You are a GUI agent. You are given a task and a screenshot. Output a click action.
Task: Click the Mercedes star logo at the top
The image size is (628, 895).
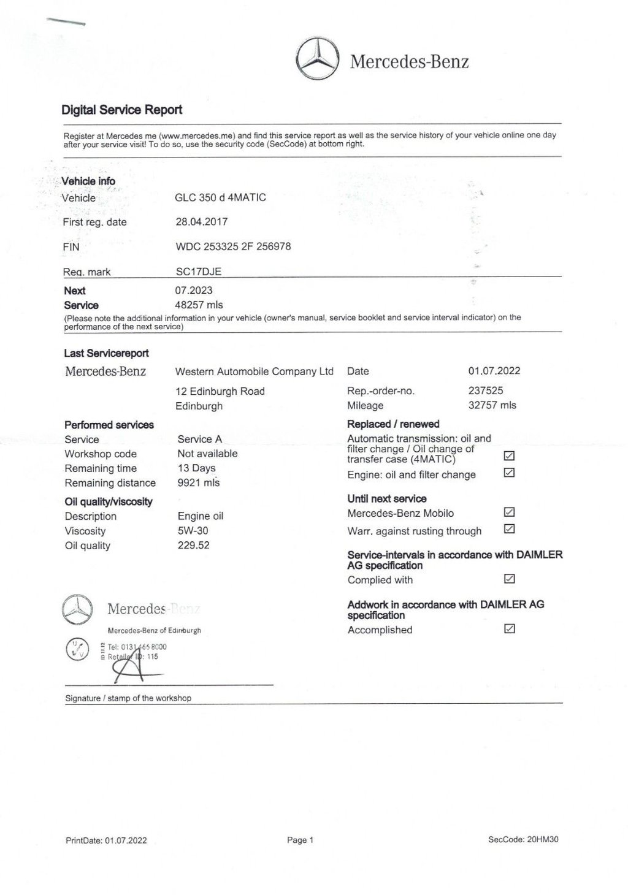(317, 60)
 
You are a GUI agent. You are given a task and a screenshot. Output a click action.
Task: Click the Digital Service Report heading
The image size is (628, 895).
(121, 110)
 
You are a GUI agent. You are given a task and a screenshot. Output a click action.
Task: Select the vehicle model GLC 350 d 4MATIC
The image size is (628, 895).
(220, 197)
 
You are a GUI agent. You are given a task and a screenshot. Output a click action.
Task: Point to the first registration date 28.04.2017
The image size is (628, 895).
(201, 222)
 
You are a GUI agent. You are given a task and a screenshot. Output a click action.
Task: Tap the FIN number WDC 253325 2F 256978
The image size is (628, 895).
(233, 246)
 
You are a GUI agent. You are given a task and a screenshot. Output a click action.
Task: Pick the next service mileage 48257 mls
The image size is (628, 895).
(199, 305)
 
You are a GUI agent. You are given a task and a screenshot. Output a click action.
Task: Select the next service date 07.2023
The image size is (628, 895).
(194, 290)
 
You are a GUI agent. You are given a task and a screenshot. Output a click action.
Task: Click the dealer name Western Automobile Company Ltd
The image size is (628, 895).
(254, 371)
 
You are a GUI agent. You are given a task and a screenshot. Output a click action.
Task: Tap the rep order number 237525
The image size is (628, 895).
(486, 390)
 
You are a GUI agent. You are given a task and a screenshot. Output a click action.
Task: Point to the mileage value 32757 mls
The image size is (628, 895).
(492, 405)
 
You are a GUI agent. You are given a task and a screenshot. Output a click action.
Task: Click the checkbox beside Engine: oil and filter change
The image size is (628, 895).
(509, 473)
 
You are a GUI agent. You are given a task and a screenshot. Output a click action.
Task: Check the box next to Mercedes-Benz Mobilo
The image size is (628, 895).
(509, 512)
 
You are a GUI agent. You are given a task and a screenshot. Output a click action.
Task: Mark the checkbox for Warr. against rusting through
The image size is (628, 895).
(509, 529)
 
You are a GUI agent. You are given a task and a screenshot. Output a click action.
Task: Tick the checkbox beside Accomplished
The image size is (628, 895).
(509, 628)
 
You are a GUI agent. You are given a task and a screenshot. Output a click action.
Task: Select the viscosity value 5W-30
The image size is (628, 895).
(193, 531)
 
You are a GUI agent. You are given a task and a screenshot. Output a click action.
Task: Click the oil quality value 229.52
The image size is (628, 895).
(193, 546)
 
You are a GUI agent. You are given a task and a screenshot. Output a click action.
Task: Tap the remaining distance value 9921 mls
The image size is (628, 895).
(198, 482)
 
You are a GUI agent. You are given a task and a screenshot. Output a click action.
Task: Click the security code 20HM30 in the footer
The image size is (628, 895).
(542, 840)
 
